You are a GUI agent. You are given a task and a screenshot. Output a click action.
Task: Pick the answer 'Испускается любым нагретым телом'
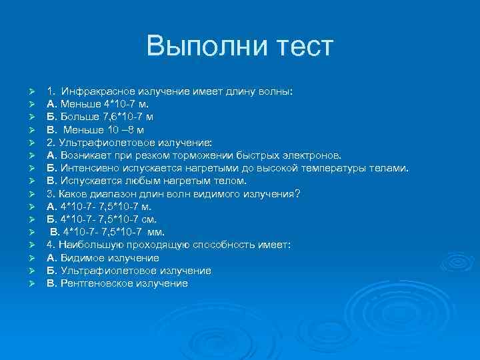(x=147, y=181)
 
